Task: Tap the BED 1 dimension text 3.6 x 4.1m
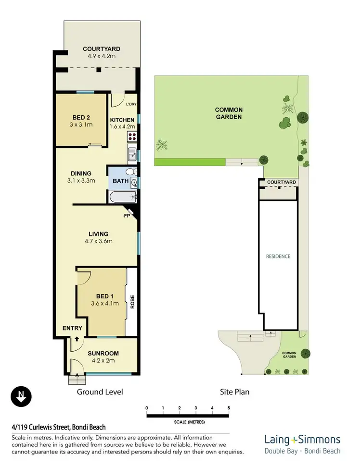point(104,303)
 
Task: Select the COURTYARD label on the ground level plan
point(101,49)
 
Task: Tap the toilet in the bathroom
point(130,172)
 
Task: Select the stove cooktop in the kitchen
point(132,137)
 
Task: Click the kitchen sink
point(132,155)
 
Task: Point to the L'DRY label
point(131,104)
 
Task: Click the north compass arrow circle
point(21,396)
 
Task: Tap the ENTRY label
point(73,329)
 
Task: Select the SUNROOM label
point(103,353)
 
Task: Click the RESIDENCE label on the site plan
point(278,256)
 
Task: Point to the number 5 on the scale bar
point(229,408)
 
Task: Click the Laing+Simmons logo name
point(302,440)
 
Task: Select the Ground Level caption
point(100,392)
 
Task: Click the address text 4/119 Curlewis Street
point(59,427)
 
